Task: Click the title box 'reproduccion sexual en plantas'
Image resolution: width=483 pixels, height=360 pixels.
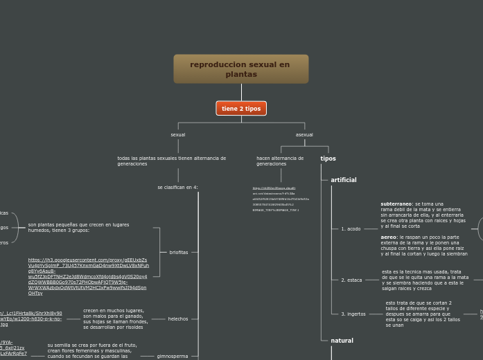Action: tap(240, 69)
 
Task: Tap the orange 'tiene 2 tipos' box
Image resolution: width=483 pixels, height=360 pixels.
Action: tap(241, 109)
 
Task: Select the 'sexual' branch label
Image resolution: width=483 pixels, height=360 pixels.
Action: tap(178, 135)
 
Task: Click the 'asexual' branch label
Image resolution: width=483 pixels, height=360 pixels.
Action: tap(304, 135)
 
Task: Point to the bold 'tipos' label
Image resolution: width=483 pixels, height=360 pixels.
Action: tap(328, 159)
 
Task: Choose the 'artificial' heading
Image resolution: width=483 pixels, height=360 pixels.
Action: tap(344, 180)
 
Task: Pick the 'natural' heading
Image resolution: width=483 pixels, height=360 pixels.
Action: tap(342, 341)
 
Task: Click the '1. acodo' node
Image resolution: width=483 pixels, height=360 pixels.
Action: tap(351, 229)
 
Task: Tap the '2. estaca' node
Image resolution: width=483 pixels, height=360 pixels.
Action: tap(351, 280)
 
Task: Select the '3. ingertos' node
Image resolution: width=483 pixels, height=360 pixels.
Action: tap(353, 314)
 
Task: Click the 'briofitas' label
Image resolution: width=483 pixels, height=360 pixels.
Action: tap(179, 253)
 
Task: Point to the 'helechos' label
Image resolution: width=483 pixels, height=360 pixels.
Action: tap(178, 319)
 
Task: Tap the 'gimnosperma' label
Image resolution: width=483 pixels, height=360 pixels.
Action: tap(173, 357)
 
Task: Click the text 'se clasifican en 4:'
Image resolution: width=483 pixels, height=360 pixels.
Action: tap(177, 188)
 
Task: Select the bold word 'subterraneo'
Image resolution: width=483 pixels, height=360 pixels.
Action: tap(396, 204)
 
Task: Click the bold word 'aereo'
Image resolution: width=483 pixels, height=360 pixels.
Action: tap(388, 237)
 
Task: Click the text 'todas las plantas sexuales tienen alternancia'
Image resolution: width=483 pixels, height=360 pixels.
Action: tap(171, 161)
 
